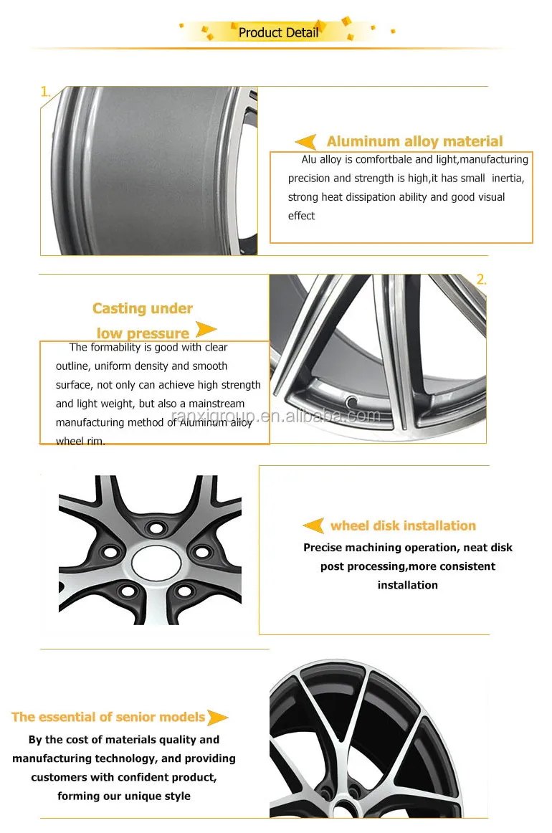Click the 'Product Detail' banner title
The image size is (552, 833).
point(278,32)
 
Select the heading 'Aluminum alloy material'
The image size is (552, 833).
point(414,141)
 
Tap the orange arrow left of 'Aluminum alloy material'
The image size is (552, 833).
point(306,142)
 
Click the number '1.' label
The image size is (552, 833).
point(46,92)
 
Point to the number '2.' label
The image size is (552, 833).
point(481,280)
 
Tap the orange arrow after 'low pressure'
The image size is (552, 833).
point(206,330)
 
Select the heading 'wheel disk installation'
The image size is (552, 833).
point(403,525)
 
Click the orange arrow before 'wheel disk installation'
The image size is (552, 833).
point(313,526)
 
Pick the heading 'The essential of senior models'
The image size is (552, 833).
point(108,717)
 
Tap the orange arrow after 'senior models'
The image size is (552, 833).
point(218,717)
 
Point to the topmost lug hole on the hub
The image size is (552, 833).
point(153,528)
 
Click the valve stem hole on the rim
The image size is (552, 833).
point(351,399)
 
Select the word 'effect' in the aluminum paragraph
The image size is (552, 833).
point(301,216)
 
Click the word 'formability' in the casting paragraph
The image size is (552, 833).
point(118,348)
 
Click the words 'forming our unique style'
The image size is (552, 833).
point(124,796)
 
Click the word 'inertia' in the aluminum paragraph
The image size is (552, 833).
point(505,178)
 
